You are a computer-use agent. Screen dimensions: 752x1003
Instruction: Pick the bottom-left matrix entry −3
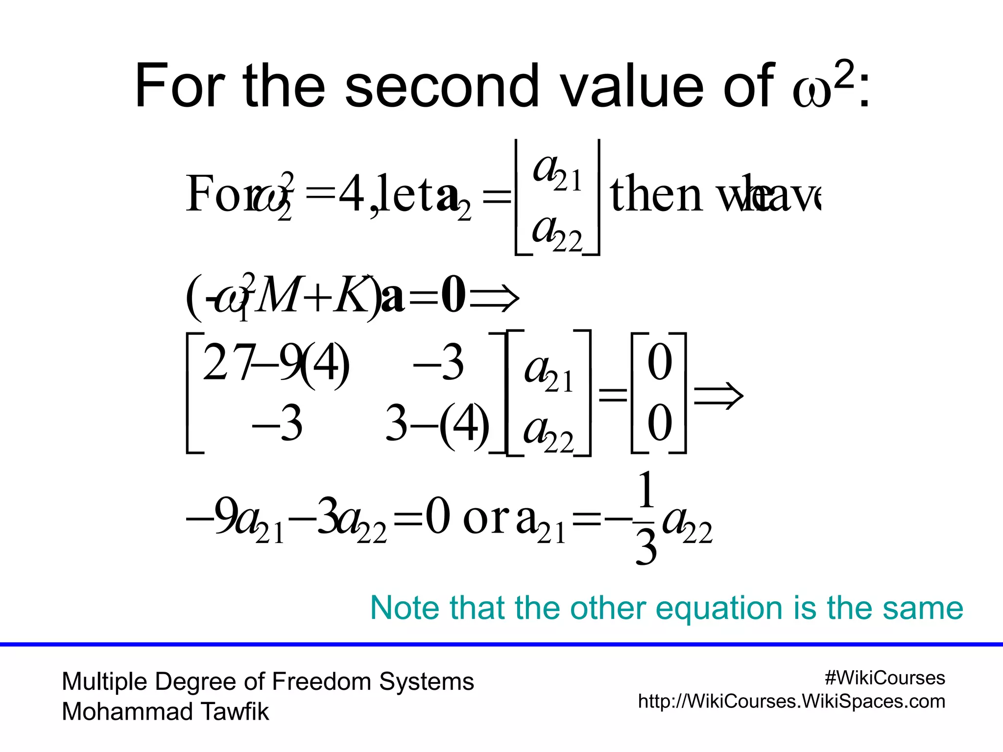[x=277, y=424]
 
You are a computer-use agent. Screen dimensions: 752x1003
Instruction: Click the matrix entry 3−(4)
[x=437, y=424]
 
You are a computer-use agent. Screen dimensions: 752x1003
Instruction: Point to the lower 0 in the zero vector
[x=659, y=423]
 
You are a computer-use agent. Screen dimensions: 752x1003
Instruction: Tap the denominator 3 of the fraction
[x=646, y=548]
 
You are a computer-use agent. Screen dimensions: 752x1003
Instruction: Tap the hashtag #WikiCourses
[x=884, y=678]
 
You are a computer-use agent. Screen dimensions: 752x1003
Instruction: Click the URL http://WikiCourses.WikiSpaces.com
[x=791, y=702]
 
